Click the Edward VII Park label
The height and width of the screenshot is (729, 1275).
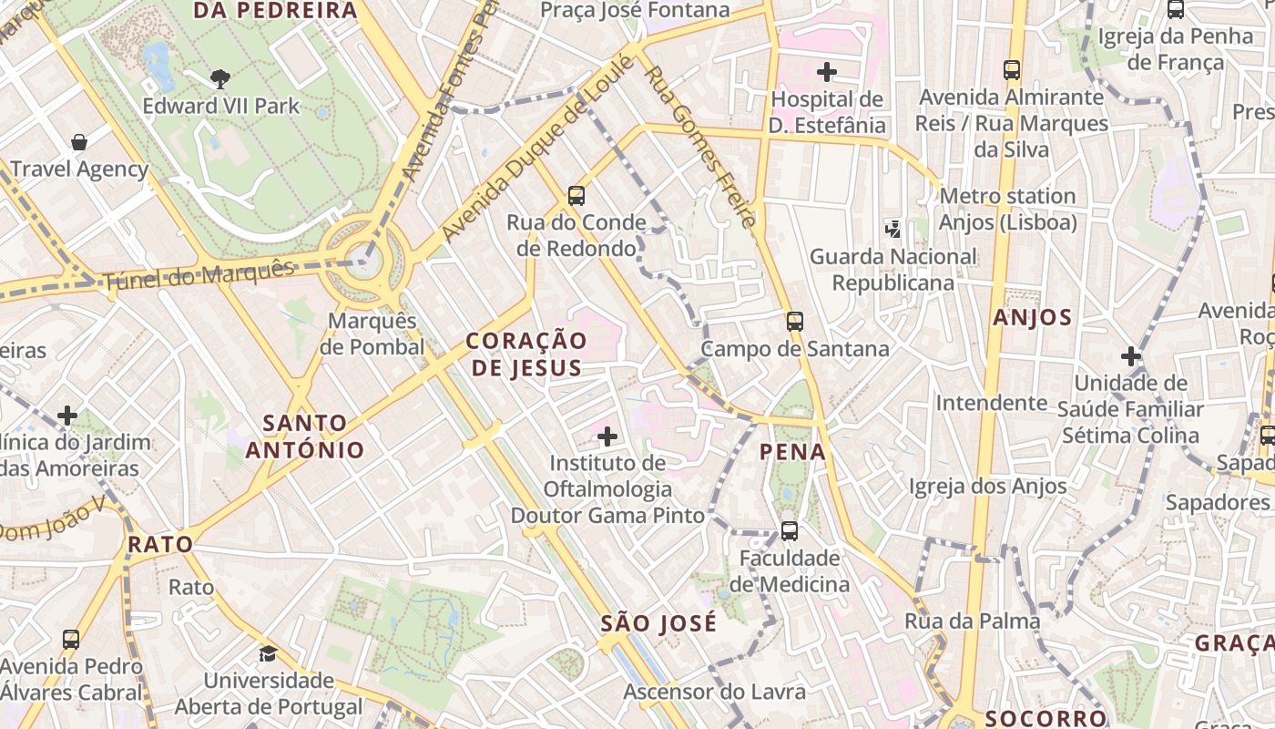point(220,106)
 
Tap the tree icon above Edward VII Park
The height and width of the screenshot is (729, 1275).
point(219,79)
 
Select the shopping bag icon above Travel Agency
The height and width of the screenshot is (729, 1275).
point(79,142)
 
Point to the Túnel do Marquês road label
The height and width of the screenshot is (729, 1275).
point(200,274)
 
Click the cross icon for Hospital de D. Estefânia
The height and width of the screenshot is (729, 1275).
point(827,71)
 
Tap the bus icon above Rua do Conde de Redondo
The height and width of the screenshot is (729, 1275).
point(576,195)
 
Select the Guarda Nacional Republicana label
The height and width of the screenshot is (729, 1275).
point(892,270)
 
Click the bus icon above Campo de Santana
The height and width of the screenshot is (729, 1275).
point(795,321)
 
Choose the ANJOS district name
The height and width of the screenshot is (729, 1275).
point(1032,317)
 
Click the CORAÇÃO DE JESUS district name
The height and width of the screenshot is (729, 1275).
point(526,354)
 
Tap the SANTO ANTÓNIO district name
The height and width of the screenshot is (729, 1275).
point(304,436)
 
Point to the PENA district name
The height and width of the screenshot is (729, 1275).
point(792,451)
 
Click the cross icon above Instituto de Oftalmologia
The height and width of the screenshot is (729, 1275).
point(607,436)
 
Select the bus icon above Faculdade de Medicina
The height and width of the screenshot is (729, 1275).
point(790,530)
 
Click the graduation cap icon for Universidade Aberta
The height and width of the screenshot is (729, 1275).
point(268,653)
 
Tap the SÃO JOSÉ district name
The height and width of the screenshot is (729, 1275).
point(658,624)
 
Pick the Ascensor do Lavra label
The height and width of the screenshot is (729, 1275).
point(714,692)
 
